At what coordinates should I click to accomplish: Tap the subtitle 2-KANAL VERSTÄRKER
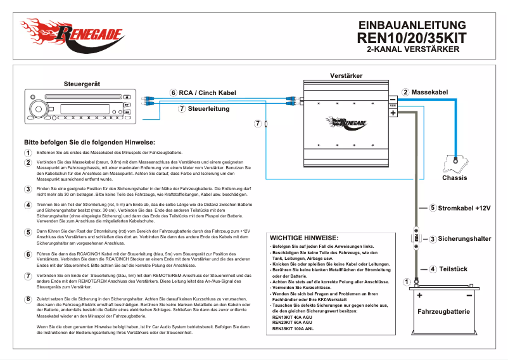[x=412, y=49]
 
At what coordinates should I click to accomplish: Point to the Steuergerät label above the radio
[x=82, y=84]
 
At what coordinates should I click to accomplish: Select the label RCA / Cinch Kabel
[x=207, y=93]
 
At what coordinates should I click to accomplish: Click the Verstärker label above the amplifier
[x=346, y=76]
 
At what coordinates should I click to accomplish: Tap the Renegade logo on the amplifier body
[x=345, y=122]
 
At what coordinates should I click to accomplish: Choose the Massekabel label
[x=429, y=93]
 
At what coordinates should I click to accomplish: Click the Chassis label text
[x=454, y=177]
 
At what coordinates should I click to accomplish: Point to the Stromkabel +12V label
[x=464, y=208]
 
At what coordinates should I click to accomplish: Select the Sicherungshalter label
[x=464, y=239]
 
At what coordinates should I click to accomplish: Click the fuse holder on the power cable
[x=416, y=238]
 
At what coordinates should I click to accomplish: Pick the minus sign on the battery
[x=469, y=295]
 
